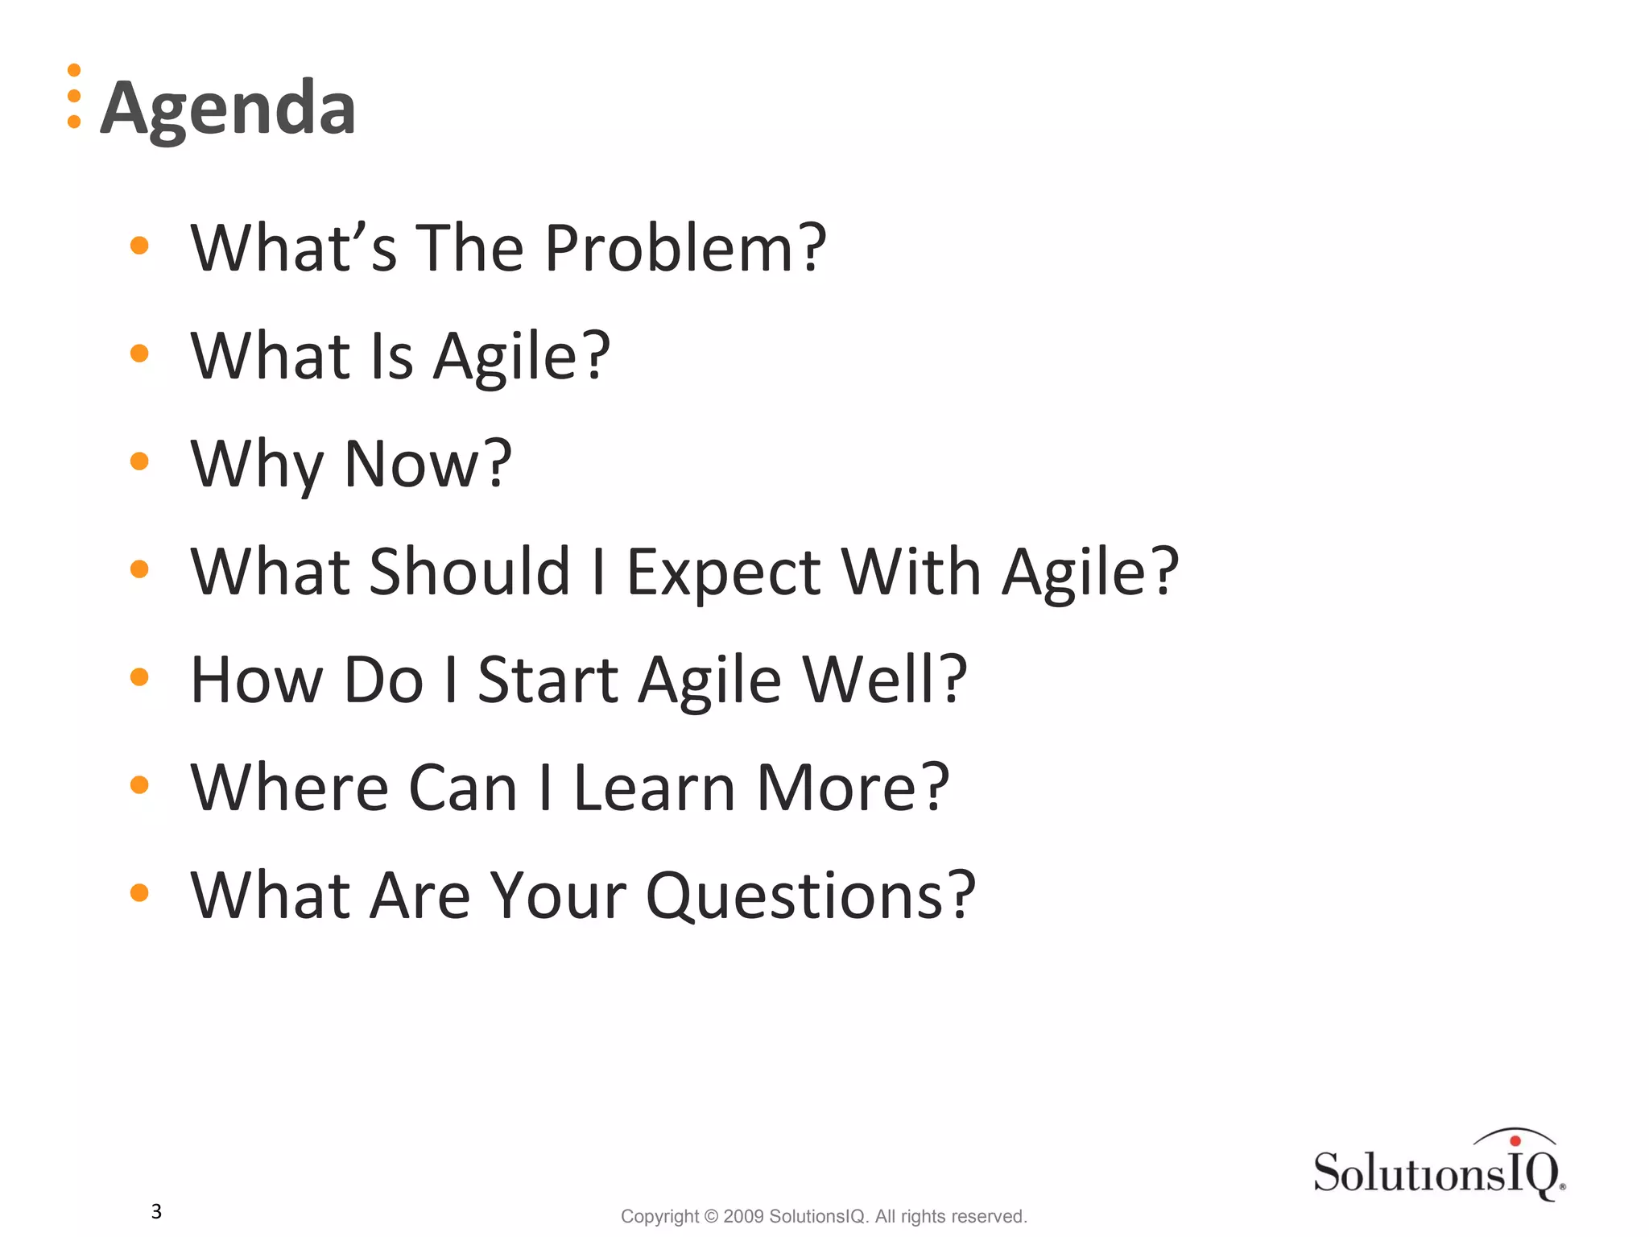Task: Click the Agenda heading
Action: [x=228, y=109]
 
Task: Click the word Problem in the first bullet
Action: [x=684, y=248]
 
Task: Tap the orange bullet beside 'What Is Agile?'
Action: [x=139, y=354]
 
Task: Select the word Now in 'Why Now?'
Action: [x=427, y=464]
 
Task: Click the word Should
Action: [x=469, y=572]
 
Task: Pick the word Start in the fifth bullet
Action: [x=548, y=680]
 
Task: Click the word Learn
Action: [x=654, y=788]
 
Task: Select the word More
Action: [x=852, y=788]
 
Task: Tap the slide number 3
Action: [x=156, y=1211]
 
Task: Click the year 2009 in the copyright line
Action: [x=743, y=1216]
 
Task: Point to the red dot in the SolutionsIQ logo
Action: [x=1515, y=1140]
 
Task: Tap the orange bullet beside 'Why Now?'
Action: [x=139, y=461]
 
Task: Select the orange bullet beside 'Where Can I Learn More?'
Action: [x=139, y=785]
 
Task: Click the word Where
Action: [x=289, y=788]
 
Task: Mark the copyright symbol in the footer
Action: [x=711, y=1216]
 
